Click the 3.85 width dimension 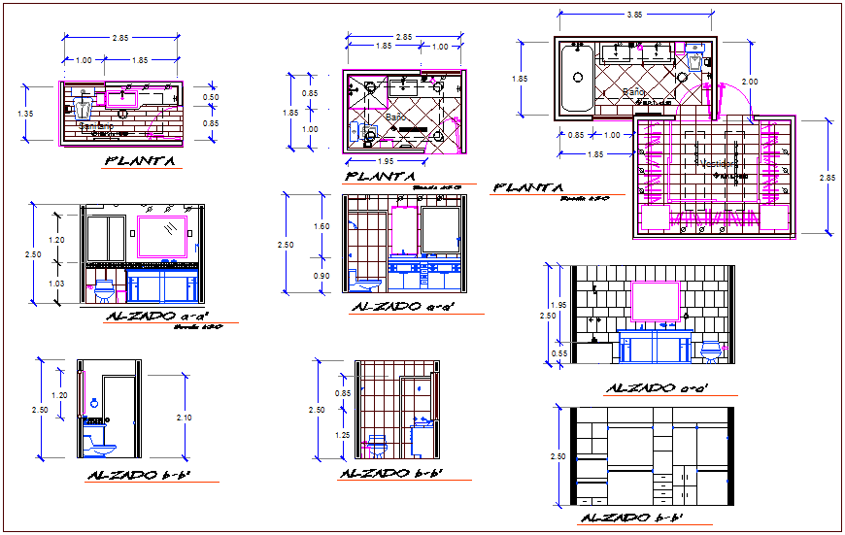pos(634,15)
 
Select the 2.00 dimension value pos(749,81)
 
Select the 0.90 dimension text pos(321,275)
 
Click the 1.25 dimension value pos(343,436)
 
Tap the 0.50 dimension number pos(211,97)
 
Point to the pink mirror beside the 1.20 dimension pos(162,237)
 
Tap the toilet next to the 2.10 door pos(98,444)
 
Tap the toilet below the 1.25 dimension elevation pos(377,446)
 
